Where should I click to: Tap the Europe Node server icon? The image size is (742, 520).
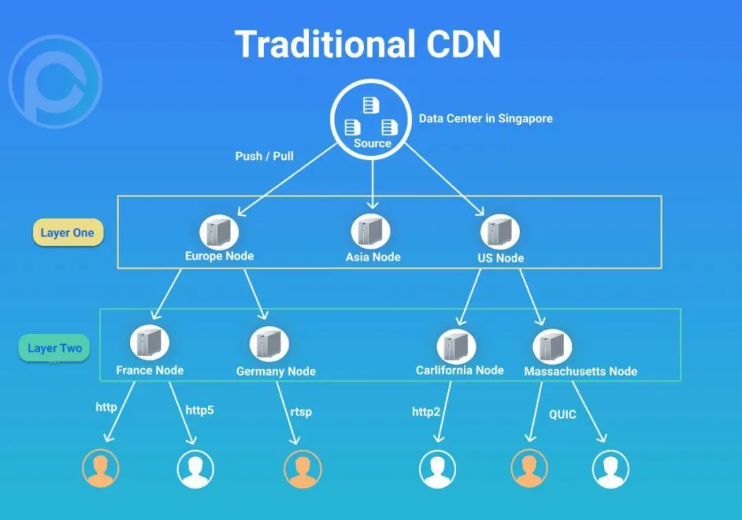[x=219, y=231]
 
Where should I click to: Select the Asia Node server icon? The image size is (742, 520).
[x=370, y=231]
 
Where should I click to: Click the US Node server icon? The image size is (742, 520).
[x=499, y=231]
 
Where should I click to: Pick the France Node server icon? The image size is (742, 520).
[x=150, y=342]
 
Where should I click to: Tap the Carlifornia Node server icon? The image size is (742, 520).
[x=456, y=345]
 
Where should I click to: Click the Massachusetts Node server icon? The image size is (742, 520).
[x=552, y=346]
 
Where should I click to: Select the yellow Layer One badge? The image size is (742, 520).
[x=67, y=233]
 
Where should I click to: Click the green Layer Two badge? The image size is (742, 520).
[x=54, y=348]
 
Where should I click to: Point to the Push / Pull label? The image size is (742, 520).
[x=265, y=156]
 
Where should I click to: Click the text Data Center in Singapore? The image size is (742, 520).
[x=486, y=118]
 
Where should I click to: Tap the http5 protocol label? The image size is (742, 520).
[x=200, y=410]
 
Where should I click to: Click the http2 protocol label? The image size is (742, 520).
[x=426, y=411]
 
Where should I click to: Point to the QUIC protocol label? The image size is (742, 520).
[x=562, y=415]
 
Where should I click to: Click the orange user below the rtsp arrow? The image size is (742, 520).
[x=302, y=470]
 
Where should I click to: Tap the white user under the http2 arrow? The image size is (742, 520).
[x=438, y=470]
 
